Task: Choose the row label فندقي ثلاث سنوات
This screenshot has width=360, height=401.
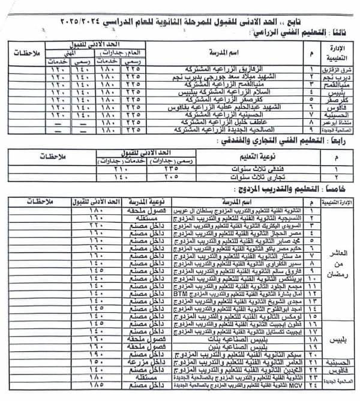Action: point(253,170)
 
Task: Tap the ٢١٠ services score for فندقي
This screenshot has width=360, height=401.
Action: point(121,170)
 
